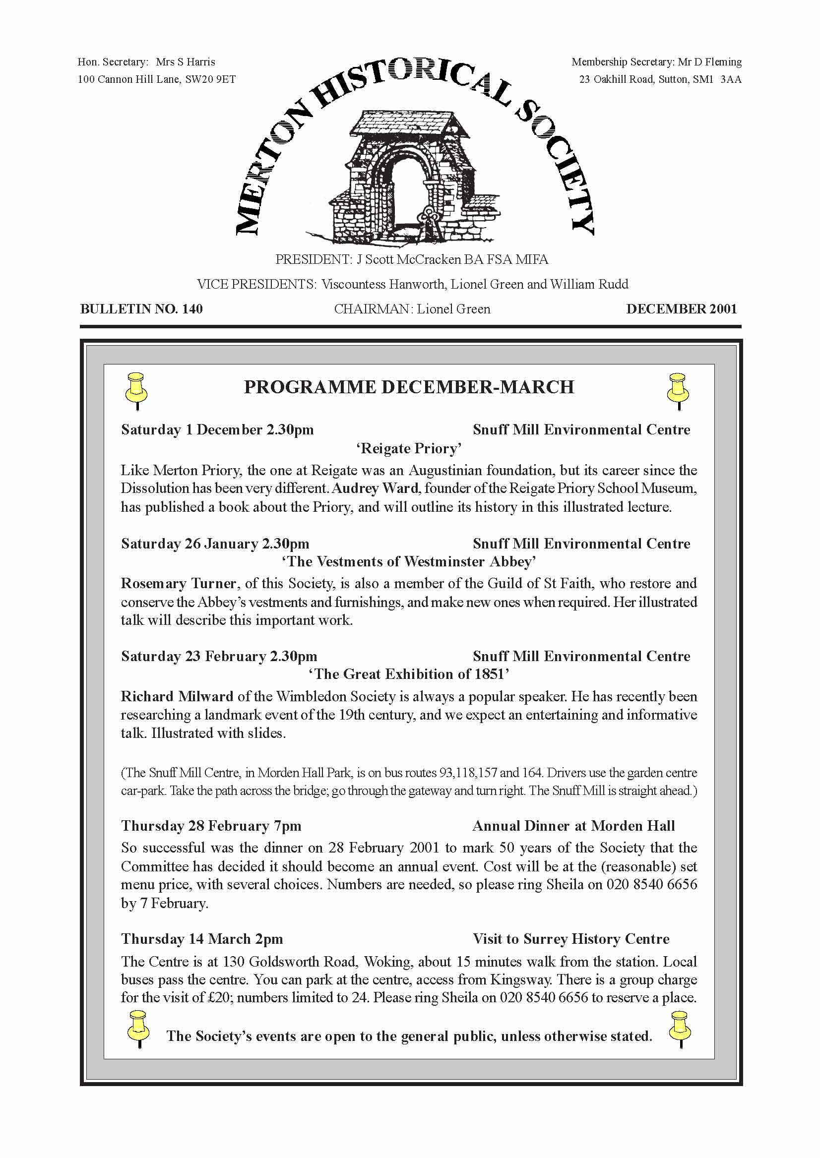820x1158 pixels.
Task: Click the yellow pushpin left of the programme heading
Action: click(136, 390)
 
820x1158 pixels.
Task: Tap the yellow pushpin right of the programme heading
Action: click(678, 390)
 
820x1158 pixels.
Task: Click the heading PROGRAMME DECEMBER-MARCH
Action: click(409, 387)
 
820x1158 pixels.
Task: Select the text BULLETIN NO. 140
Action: click(141, 309)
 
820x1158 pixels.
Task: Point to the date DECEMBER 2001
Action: click(682, 309)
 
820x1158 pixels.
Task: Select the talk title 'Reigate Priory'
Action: click(409, 448)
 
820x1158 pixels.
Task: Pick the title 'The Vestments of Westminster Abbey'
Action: click(409, 561)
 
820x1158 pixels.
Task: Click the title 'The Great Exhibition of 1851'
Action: click(409, 674)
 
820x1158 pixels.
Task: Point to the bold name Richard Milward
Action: click(177, 697)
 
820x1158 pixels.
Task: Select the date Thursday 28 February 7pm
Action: click(211, 826)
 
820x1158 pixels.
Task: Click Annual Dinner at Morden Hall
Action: click(573, 826)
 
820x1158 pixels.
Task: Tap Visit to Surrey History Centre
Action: click(571, 939)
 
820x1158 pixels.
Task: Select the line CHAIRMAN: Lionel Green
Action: click(412, 309)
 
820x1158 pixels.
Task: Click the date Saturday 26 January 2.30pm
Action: click(215, 544)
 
